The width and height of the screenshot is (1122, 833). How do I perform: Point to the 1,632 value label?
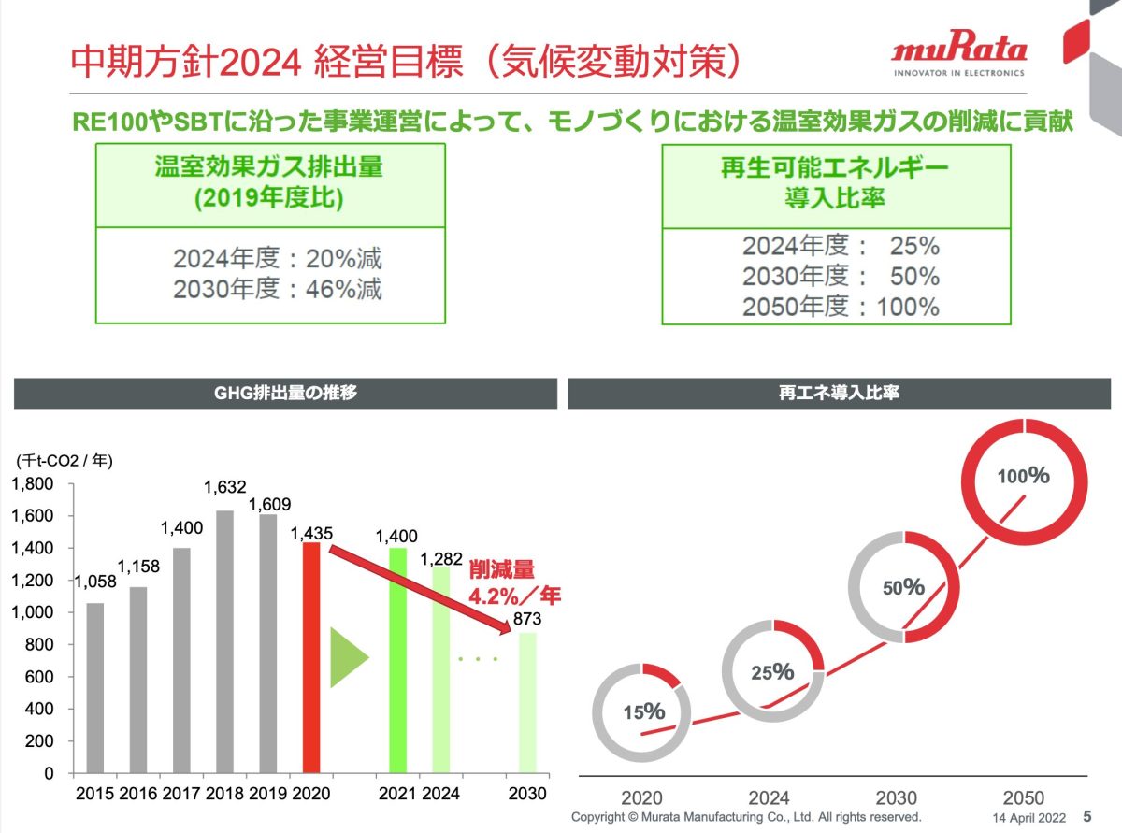pyautogui.click(x=224, y=487)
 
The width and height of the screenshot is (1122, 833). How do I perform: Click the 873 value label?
pyautogui.click(x=527, y=619)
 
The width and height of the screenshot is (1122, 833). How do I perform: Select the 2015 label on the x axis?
pyautogui.click(x=94, y=794)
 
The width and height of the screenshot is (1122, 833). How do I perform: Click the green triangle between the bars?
pyautogui.click(x=349, y=657)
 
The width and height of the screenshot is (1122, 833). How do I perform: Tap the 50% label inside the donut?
pyautogui.click(x=903, y=587)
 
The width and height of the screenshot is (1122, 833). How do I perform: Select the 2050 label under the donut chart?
pyautogui.click(x=1024, y=797)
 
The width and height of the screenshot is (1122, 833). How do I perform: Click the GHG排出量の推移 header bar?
pyautogui.click(x=285, y=394)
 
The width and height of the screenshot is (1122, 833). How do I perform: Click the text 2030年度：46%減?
pyautogui.click(x=278, y=289)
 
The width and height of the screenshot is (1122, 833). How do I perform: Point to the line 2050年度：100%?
pyautogui.click(x=841, y=307)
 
